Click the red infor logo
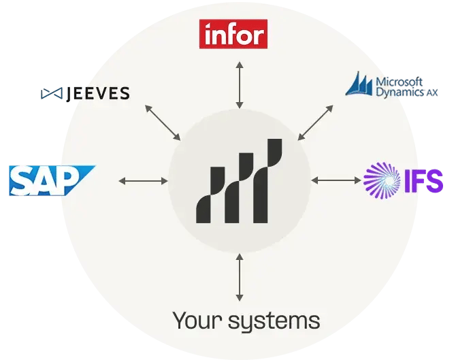tap(233, 34)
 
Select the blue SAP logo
tap(51, 180)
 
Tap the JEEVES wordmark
tap(97, 93)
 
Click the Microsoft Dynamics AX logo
tap(392, 86)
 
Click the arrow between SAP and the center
tap(143, 180)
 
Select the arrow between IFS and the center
tap(336, 180)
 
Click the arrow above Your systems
tap(239, 276)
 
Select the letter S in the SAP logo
tap(25, 181)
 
